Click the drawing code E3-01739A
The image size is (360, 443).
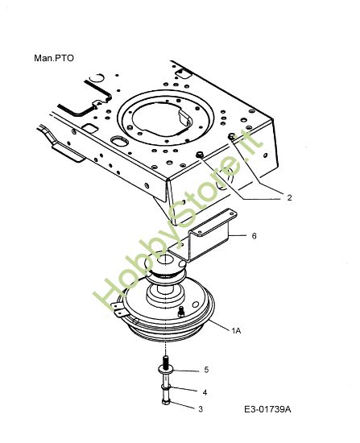267,409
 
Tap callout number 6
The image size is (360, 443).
254,236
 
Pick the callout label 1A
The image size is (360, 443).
236,331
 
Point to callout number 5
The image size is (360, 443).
206,370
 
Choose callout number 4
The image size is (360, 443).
205,392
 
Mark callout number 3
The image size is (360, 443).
201,409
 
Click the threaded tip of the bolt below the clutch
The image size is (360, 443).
166,359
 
